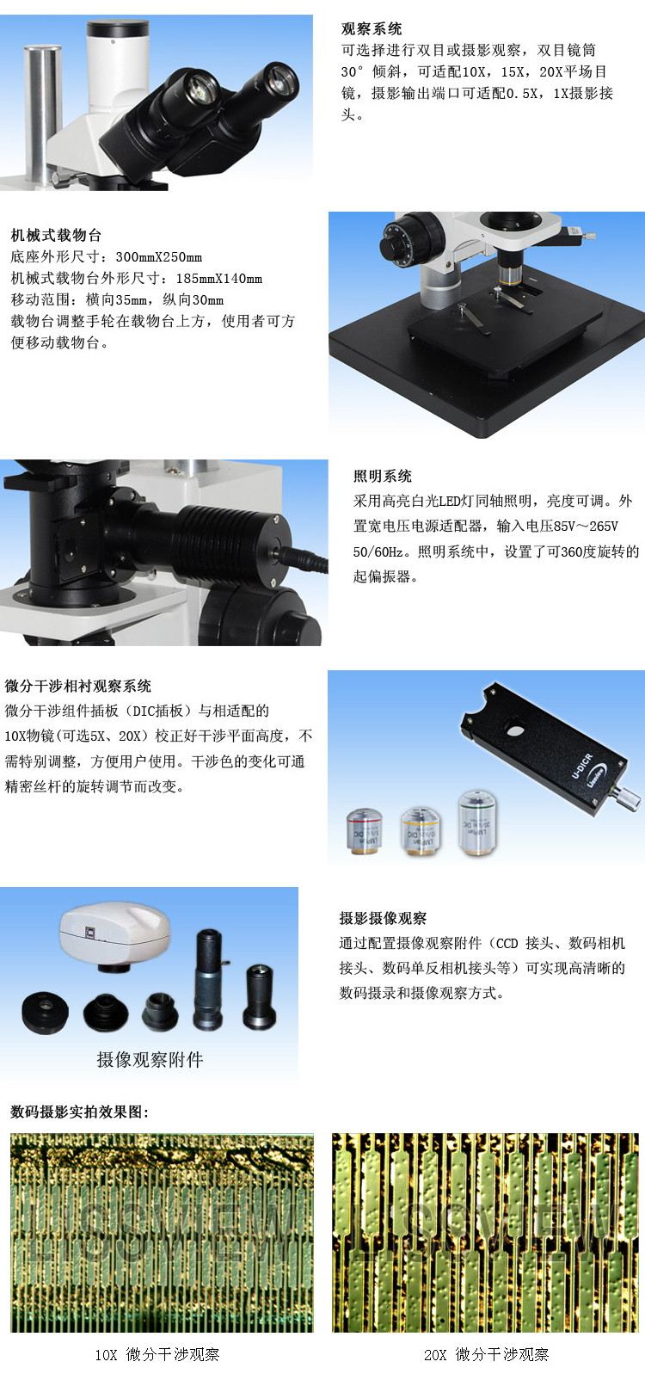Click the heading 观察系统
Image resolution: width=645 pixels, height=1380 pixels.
371,29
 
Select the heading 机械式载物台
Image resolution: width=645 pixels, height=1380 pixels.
56,235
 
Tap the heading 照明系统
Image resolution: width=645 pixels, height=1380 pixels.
383,476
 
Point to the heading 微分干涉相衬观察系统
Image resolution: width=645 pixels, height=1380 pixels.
78,686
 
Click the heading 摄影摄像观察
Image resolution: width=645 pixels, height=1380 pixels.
383,918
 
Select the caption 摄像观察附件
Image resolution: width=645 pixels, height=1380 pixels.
150,1060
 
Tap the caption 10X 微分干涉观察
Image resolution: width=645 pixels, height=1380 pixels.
157,1354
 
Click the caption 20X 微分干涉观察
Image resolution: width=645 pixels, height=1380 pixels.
486,1354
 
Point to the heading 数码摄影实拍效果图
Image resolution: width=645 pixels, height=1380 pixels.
80,1112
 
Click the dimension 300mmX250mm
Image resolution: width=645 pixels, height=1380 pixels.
158,256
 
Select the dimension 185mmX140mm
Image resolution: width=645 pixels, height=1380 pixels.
218,278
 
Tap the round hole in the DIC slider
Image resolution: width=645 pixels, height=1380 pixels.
514,730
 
